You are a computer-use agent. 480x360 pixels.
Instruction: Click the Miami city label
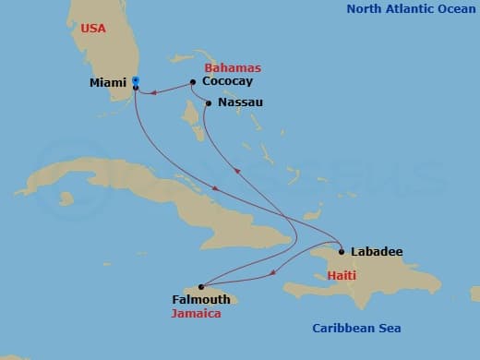pos(108,83)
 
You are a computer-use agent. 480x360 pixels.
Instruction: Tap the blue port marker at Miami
pos(136,80)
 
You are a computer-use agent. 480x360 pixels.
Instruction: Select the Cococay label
pos(225,82)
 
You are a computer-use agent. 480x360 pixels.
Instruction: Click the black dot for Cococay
pos(192,82)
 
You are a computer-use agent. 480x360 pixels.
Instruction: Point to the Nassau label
pos(240,102)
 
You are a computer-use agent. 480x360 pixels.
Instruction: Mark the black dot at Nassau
pos(209,102)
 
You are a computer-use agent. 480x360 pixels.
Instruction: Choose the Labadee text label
pos(377,251)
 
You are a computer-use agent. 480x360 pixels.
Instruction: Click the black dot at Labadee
pos(342,251)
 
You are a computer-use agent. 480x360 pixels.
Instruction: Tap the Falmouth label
pos(200,300)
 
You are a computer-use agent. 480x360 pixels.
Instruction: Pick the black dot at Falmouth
pos(201,287)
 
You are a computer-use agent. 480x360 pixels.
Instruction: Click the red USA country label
pos(93,29)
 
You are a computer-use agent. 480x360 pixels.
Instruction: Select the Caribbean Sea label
pos(355,329)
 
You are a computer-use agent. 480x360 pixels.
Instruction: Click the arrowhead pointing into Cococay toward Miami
pos(155,91)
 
